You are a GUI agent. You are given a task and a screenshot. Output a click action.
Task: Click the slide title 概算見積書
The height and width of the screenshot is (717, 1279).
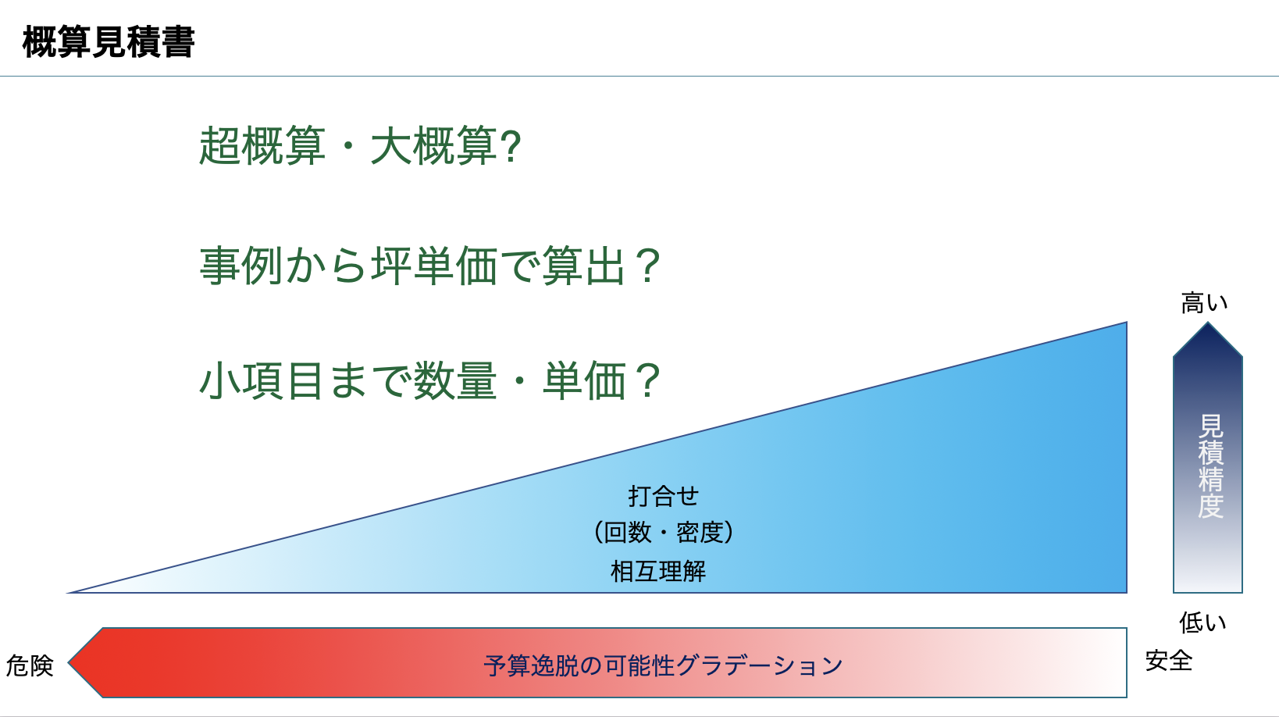tap(109, 42)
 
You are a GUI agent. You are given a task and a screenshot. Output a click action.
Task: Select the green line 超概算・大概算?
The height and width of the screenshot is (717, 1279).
tap(360, 146)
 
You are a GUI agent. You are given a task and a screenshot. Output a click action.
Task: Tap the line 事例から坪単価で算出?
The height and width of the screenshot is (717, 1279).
tap(430, 265)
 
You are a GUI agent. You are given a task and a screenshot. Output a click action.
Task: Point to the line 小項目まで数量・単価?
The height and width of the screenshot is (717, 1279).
tap(430, 380)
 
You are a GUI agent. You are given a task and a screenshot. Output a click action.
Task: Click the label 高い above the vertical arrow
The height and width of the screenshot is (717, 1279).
tap(1204, 303)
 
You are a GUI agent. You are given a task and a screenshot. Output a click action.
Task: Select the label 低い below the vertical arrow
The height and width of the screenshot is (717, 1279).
tap(1203, 622)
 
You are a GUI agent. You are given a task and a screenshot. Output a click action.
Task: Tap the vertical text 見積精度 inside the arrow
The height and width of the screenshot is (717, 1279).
tap(1210, 466)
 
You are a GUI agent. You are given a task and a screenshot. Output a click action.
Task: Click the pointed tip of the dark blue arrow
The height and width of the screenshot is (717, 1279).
tap(1208, 323)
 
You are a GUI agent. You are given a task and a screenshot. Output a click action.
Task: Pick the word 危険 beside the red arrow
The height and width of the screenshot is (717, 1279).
tap(30, 665)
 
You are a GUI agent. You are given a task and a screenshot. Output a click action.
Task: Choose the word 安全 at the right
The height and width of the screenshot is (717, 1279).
tap(1169, 661)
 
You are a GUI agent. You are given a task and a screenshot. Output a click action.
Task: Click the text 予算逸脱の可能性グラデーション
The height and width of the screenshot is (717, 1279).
tap(663, 665)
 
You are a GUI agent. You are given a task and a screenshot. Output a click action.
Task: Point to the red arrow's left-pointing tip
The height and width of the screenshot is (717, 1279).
tap(69, 663)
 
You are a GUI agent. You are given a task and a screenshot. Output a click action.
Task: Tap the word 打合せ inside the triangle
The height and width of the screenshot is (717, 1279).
tap(664, 496)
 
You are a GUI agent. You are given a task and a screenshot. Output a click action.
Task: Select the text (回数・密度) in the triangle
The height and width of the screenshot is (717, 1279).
tap(664, 533)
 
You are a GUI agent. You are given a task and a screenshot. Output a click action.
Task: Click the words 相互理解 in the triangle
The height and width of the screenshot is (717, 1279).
tap(658, 571)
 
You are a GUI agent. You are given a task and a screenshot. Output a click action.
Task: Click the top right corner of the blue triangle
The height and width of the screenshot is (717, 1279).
tap(1127, 323)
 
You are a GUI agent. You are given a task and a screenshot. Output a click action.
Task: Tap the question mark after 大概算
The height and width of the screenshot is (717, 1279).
tap(511, 147)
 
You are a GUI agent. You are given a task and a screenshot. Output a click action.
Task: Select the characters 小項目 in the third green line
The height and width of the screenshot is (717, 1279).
tap(262, 380)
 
